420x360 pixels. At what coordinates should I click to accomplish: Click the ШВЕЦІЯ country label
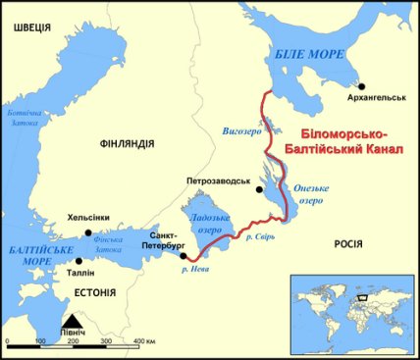(28, 28)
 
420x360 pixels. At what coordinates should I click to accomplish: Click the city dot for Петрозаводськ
(256, 193)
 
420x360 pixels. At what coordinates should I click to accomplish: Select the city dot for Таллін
(79, 262)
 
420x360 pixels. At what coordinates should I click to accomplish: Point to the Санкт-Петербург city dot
(184, 256)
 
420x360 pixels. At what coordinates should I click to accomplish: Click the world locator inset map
(348, 306)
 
